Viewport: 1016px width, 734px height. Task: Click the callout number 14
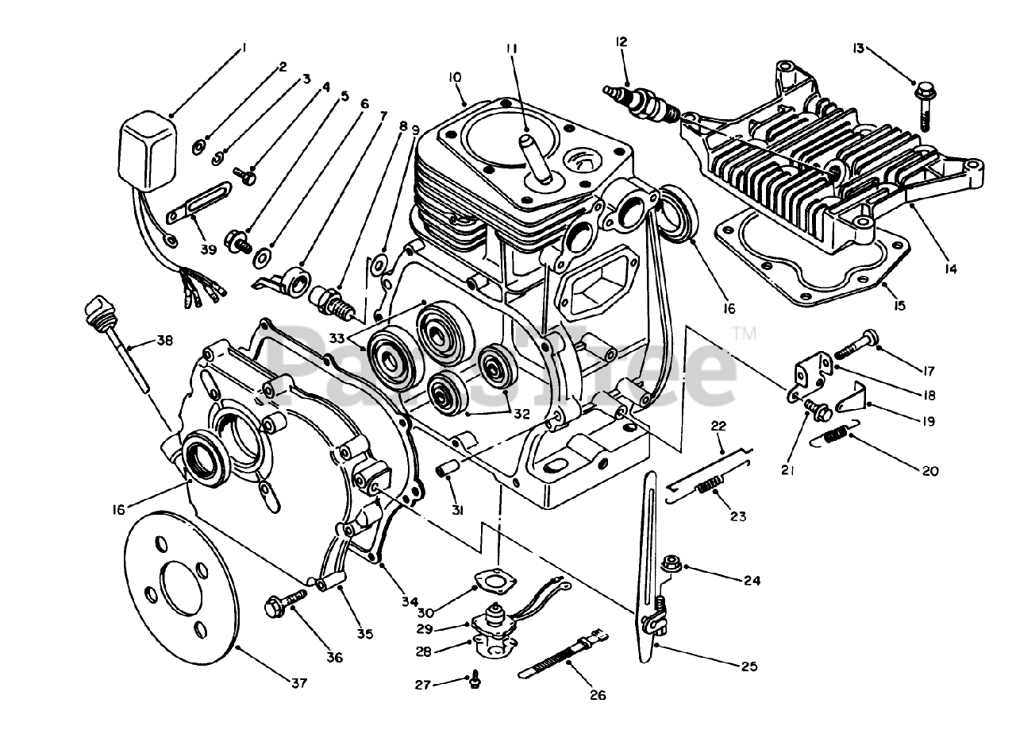[x=950, y=268]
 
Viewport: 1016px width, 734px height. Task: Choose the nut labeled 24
[x=670, y=566]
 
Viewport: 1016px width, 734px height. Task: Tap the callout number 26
[x=597, y=695]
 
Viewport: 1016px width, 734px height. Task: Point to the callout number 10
[x=454, y=77]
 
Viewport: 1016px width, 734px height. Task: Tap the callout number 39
[x=207, y=249]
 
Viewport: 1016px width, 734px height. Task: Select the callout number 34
[x=409, y=602]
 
